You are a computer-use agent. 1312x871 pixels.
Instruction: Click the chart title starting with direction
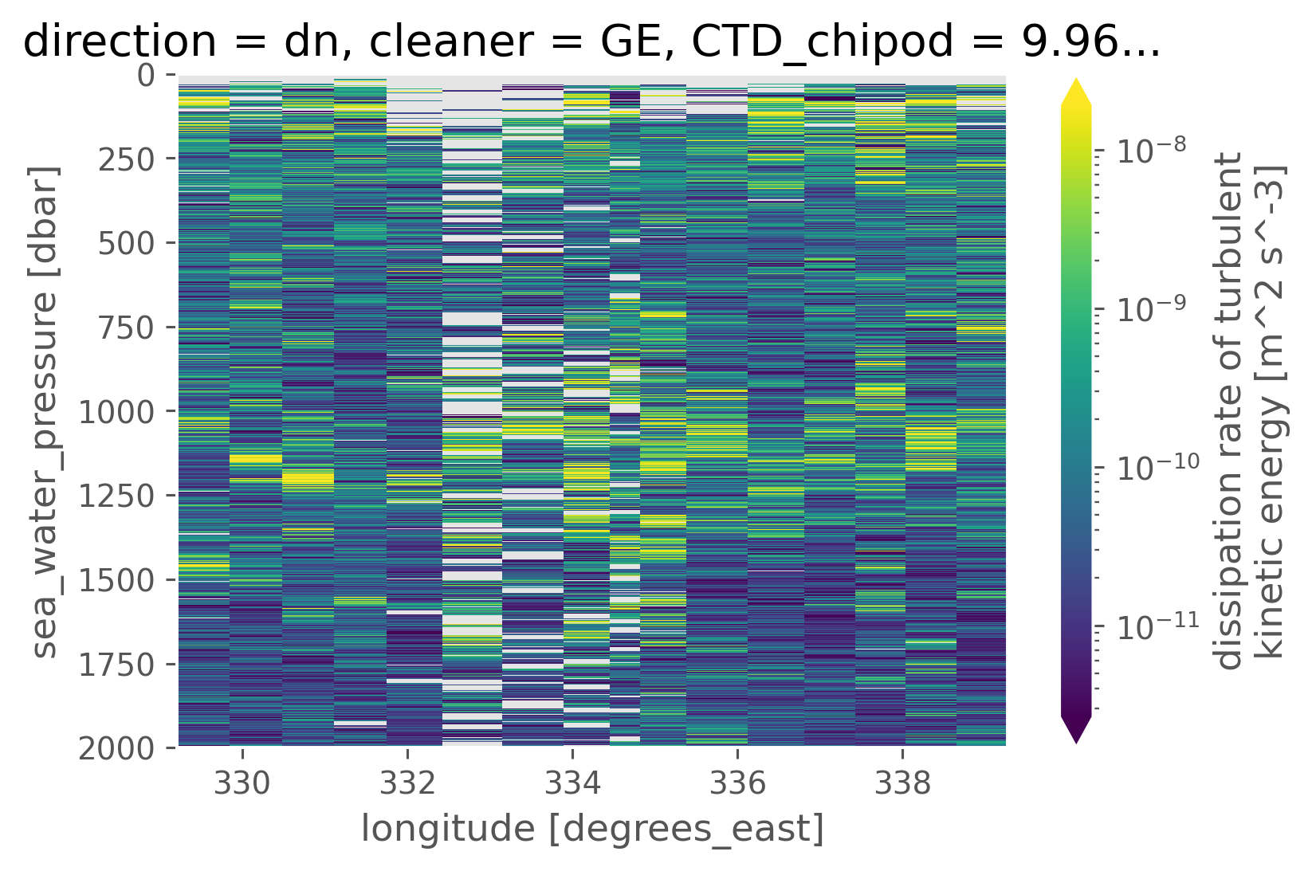(x=591, y=41)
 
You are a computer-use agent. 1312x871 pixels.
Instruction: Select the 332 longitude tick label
(x=407, y=784)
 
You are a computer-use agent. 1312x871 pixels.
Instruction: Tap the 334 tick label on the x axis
(x=572, y=784)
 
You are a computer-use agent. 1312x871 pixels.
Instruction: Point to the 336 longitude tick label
(x=737, y=784)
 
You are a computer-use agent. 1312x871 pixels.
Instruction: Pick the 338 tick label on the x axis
(x=902, y=784)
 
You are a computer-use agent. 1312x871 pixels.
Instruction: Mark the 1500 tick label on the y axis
(x=117, y=580)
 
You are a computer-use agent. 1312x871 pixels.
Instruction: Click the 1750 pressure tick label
(x=117, y=665)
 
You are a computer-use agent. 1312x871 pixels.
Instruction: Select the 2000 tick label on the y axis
(x=117, y=749)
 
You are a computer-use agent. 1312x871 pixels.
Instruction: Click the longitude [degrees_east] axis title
(x=591, y=830)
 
